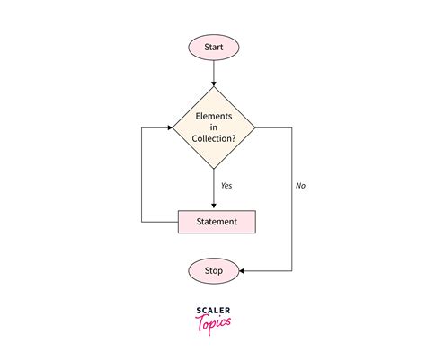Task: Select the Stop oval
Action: [213, 268]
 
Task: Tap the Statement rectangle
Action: [217, 221]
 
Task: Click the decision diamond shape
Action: [214, 127]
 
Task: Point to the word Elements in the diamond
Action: [214, 115]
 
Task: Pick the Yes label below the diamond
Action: [227, 186]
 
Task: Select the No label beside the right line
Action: [301, 186]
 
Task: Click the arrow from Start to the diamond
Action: [214, 72]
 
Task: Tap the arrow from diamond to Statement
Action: [214, 190]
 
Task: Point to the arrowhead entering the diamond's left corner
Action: [168, 127]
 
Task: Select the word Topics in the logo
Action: [213, 321]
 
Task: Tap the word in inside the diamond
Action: [214, 127]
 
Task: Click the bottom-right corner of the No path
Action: [292, 268]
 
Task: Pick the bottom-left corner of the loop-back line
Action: [142, 221]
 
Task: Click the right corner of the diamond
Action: [257, 127]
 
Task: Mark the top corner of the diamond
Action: [214, 86]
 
